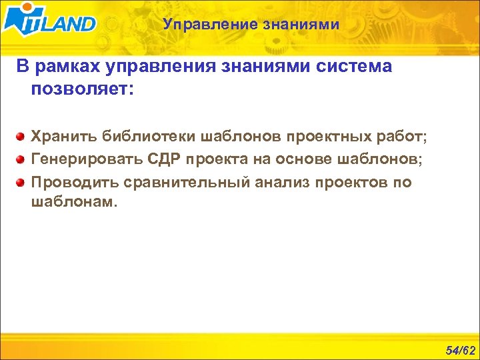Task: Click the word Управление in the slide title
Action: click(x=202, y=25)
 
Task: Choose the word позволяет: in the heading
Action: click(x=82, y=89)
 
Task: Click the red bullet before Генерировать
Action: click(x=21, y=159)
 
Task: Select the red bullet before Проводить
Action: click(x=21, y=181)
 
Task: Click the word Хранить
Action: click(x=63, y=137)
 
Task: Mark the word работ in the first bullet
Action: click(x=401, y=137)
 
